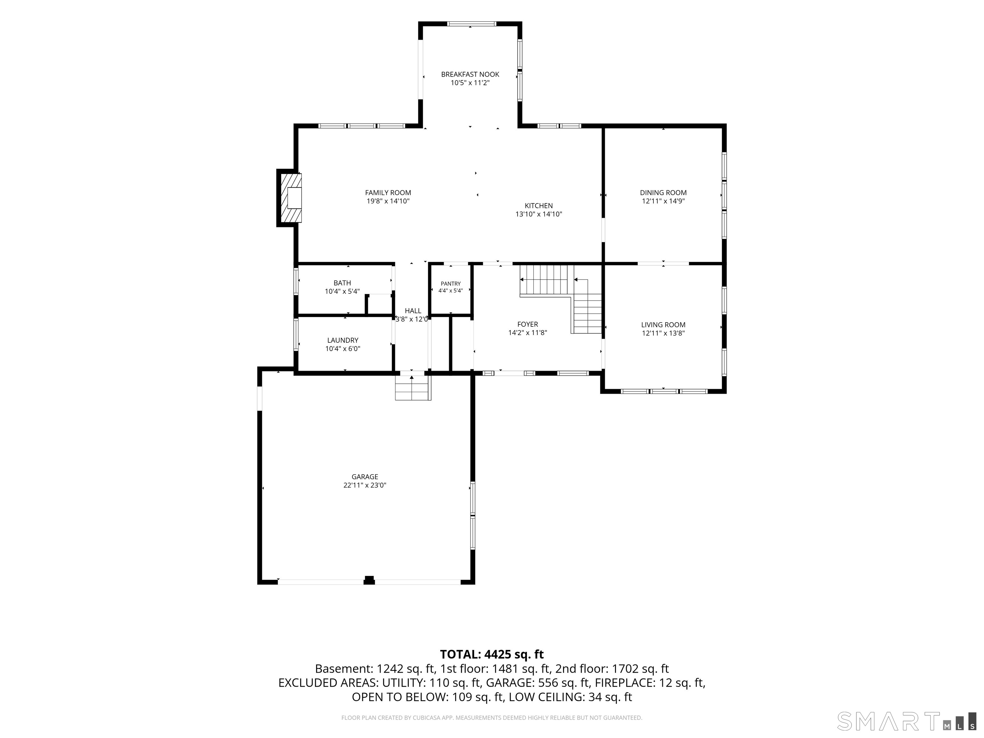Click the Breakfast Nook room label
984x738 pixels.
click(x=470, y=74)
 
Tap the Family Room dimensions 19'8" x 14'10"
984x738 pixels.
click(x=388, y=201)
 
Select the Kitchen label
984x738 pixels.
click(x=539, y=206)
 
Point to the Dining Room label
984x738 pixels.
click(x=663, y=193)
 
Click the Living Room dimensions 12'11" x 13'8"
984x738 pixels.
click(x=663, y=333)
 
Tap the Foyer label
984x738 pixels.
click(x=528, y=324)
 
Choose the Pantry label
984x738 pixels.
click(x=451, y=284)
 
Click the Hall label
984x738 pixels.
click(x=413, y=311)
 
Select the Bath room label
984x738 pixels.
click(x=342, y=283)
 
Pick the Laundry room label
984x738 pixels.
click(x=342, y=340)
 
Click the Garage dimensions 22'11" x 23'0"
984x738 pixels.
click(x=365, y=485)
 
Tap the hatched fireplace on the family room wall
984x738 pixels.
click(x=290, y=198)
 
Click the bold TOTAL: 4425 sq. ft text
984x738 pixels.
click(x=492, y=654)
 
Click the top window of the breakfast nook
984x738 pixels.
click(x=471, y=24)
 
